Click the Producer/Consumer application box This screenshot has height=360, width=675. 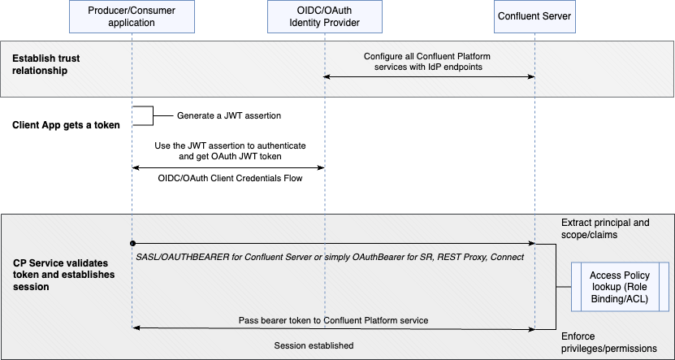[132, 16]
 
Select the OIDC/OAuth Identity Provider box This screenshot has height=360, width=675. [324, 16]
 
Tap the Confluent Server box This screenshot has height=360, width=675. [534, 16]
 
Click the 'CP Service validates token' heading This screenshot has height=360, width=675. [63, 275]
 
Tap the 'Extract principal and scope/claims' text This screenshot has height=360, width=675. [606, 228]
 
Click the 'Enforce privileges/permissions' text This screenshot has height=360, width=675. [609, 342]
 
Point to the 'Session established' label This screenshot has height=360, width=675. [314, 345]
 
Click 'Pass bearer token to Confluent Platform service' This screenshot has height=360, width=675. [334, 320]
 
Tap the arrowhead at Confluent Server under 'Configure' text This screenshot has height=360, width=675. [530, 76]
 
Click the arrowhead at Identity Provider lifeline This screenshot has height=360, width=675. [328, 76]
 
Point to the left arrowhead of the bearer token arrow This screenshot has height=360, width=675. [136, 328]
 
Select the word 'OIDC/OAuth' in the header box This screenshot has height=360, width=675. [324, 11]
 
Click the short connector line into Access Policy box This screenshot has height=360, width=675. [564, 287]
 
